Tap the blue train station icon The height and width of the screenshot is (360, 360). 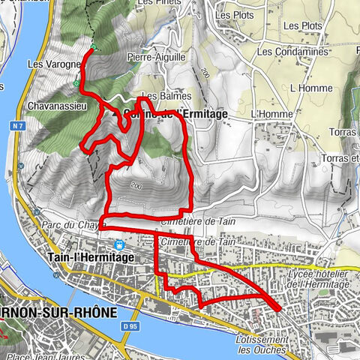point(118,244)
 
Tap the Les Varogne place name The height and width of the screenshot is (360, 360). point(54,64)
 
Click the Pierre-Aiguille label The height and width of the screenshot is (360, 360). point(157,56)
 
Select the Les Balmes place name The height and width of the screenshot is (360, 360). point(162,96)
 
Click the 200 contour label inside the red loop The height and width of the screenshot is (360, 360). point(135,185)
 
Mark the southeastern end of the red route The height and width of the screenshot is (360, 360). point(278,308)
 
